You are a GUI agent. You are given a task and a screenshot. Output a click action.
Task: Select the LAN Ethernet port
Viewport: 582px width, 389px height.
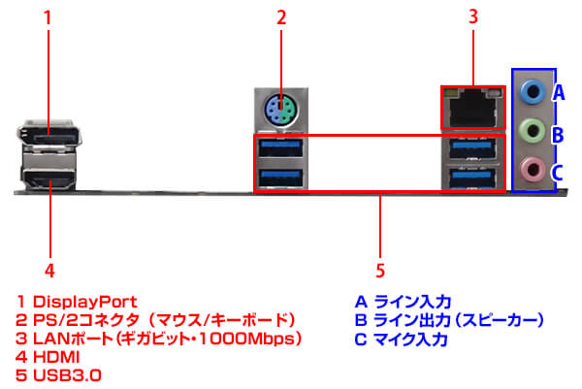pos(473,106)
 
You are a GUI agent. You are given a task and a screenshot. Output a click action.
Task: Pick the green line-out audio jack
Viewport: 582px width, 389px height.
pos(532,130)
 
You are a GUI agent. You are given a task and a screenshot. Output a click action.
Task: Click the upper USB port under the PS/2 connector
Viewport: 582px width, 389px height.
pos(280,148)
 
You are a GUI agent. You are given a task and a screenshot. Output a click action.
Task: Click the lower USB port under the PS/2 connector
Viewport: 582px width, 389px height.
pos(280,177)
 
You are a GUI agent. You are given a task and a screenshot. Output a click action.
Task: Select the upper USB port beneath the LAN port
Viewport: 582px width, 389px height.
pos(473,148)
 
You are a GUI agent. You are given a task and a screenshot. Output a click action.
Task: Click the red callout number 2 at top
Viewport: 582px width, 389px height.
pos(281,16)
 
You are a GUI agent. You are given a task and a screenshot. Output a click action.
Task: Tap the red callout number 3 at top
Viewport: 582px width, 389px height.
pos(473,16)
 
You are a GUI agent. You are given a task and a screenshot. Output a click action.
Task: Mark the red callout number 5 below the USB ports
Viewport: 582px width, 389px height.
pos(381,269)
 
